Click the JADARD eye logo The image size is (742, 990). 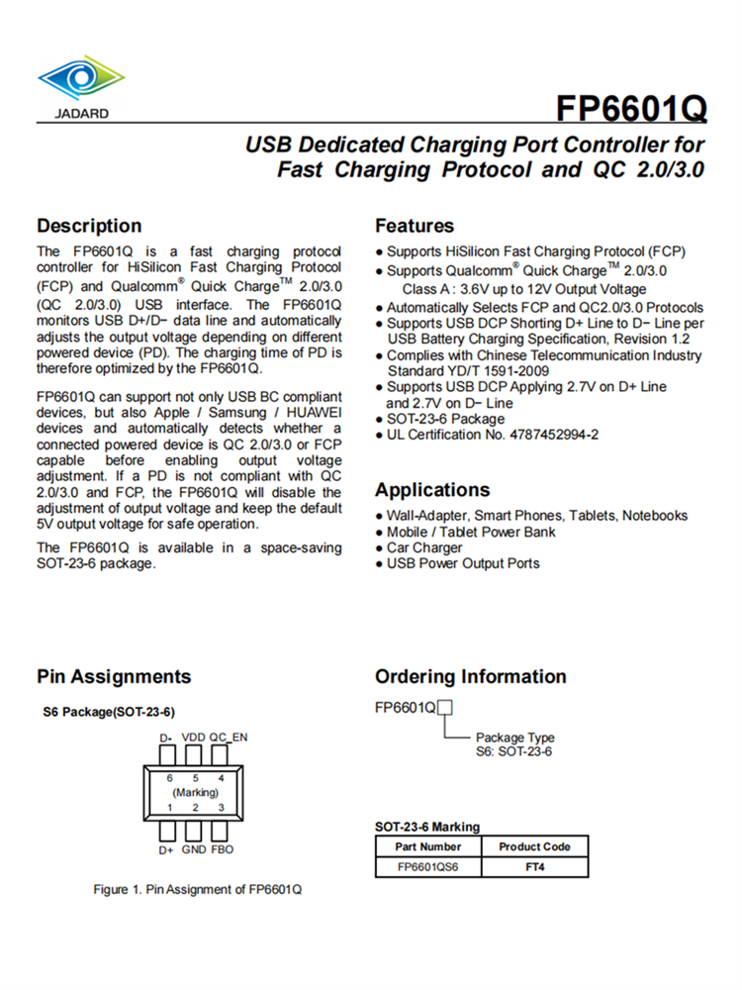82,78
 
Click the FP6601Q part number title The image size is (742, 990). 630,107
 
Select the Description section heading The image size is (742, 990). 89,226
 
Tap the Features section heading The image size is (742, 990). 415,226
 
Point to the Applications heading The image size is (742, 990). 432,490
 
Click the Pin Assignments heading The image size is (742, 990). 114,677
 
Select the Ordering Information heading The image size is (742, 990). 471,677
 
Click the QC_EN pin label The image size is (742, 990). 228,738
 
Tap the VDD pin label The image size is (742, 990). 194,738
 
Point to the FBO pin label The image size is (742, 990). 223,849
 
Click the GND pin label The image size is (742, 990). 194,849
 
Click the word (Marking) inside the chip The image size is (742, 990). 195,793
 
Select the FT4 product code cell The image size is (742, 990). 534,867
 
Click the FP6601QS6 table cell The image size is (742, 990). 427,867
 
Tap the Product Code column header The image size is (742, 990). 534,846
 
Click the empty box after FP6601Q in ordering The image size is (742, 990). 445,708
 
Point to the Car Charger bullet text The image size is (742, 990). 424,547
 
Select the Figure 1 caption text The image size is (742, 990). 198,889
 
